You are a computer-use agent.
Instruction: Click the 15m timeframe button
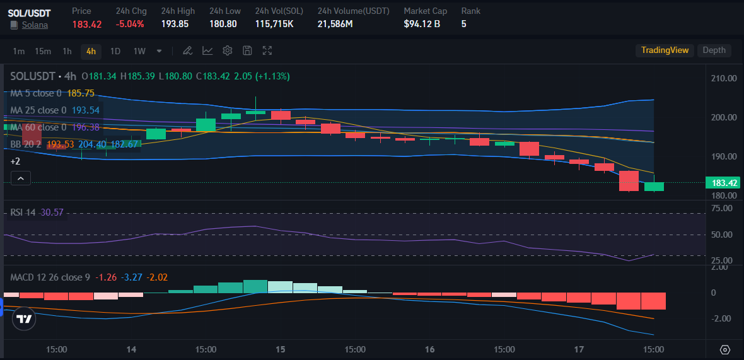pos(43,51)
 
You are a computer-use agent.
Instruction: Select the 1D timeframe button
pos(115,51)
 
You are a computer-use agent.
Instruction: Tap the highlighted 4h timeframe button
pos(91,51)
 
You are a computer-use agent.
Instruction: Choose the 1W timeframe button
pos(139,51)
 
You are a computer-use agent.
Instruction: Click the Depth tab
pos(714,50)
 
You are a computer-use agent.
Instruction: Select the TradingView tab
pos(665,50)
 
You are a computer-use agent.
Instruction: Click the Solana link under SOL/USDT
pos(35,25)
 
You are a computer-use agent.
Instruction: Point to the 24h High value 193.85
pos(175,24)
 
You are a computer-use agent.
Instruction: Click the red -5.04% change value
pos(130,24)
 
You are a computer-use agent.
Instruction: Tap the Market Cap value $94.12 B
pos(422,24)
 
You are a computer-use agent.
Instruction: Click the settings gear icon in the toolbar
pos(228,50)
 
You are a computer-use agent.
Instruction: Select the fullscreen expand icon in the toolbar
pos(267,50)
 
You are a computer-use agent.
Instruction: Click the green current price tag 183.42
pos(724,183)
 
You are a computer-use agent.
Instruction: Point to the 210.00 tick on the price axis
pos(724,79)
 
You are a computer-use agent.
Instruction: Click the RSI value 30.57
pos(52,212)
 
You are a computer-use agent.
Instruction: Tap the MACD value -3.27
pos(131,277)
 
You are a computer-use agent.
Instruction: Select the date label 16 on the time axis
pos(429,349)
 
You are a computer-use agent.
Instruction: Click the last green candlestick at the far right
pos(654,187)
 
